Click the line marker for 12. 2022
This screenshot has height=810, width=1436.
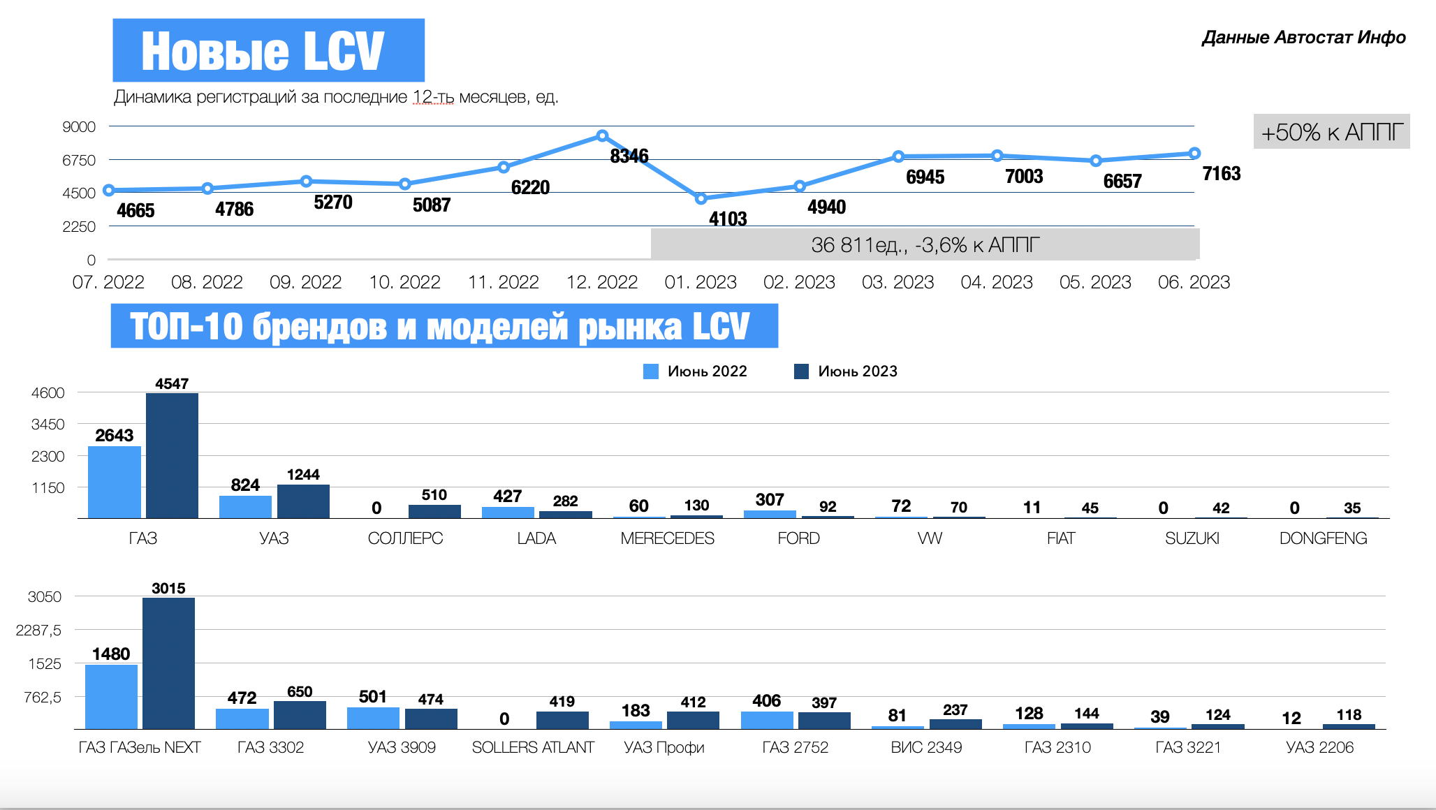pyautogui.click(x=602, y=135)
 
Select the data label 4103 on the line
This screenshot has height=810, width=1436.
pyautogui.click(x=728, y=219)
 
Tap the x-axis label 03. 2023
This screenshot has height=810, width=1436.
pyautogui.click(x=897, y=282)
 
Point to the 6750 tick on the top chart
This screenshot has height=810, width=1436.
pyautogui.click(x=79, y=161)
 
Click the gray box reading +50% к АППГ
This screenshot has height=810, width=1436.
pyautogui.click(x=1331, y=132)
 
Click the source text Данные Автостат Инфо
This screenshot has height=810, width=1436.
pyautogui.click(x=1303, y=38)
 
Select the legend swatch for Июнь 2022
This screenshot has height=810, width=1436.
pyautogui.click(x=651, y=371)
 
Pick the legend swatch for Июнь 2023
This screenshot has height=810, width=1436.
pyautogui.click(x=801, y=371)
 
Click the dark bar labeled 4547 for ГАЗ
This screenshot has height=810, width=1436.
pyautogui.click(x=172, y=455)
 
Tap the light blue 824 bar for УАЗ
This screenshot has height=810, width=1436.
pyautogui.click(x=245, y=506)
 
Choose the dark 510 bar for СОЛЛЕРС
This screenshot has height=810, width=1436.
pyautogui.click(x=434, y=511)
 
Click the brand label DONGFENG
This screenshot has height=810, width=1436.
pyautogui.click(x=1323, y=538)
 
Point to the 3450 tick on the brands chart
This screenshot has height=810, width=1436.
pyautogui.click(x=48, y=425)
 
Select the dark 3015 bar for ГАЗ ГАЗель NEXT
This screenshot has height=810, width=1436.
pyautogui.click(x=168, y=663)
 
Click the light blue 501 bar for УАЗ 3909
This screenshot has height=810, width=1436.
pyautogui.click(x=373, y=718)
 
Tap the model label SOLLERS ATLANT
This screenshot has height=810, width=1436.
pyautogui.click(x=533, y=747)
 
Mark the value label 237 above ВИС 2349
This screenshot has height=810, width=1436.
pyautogui.click(x=955, y=710)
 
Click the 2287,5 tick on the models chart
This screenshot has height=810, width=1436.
pyautogui.click(x=38, y=631)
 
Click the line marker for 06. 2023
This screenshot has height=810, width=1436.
pyautogui.click(x=1194, y=154)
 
